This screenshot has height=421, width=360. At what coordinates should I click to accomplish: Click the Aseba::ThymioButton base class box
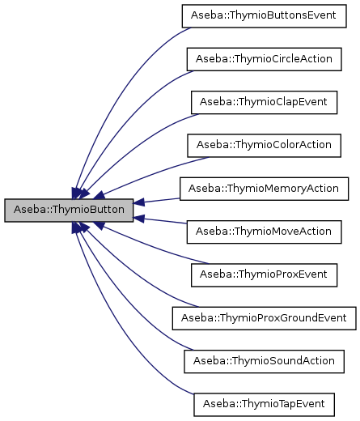(69, 210)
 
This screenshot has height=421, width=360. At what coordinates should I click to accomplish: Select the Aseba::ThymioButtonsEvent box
(265, 16)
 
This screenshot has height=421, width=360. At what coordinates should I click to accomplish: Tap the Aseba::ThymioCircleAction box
(265, 60)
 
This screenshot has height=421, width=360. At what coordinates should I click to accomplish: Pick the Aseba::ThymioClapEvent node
(265, 102)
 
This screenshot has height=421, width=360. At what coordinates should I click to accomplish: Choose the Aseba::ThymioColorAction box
(265, 145)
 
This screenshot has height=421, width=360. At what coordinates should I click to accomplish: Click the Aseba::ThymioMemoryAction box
(265, 188)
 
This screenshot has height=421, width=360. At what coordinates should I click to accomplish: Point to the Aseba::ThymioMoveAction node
(265, 231)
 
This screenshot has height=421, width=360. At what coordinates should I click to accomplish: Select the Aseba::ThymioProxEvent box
(265, 274)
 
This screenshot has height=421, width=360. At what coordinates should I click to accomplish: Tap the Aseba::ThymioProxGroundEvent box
(265, 317)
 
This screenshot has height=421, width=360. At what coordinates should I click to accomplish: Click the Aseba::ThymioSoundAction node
(265, 359)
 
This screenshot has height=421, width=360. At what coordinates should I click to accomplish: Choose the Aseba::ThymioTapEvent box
(265, 402)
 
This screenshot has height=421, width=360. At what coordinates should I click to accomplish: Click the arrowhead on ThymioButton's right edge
(139, 202)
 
